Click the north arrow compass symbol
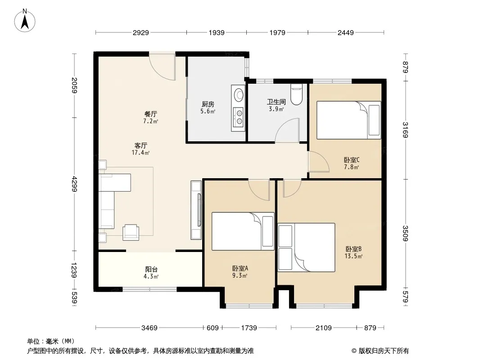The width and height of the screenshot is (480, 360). pos(25,21)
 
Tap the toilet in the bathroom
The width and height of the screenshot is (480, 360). pos(296,94)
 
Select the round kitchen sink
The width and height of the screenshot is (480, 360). pos(238,94)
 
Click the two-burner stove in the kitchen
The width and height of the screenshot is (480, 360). pos(239,117)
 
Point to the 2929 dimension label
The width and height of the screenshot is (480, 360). pos(141,32)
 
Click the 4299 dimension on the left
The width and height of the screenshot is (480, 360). pos(74,184)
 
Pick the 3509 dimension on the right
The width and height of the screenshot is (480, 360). pos(405,233)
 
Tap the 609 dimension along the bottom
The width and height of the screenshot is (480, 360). pos(213,328)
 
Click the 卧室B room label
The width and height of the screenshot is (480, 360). pos(353,249)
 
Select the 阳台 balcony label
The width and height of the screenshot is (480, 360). pos(151,270)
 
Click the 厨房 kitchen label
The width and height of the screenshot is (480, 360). pos(208,104)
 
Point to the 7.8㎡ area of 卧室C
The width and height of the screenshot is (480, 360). pos(351,167)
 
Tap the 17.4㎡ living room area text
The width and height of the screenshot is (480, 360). pos(140,152)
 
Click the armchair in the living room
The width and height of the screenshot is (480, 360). pos(131,232)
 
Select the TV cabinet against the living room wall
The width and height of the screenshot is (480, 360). pos(196,210)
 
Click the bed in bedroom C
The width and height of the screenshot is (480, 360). pos(349,120)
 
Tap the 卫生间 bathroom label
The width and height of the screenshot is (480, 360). pos(276,102)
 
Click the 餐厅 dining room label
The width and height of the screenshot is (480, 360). pos(150,114)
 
